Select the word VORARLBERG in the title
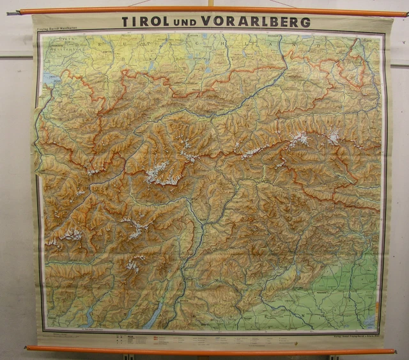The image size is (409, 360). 255,21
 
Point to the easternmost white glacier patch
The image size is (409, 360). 333,136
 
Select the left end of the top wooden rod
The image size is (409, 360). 22,11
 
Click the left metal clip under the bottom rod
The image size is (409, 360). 127,356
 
